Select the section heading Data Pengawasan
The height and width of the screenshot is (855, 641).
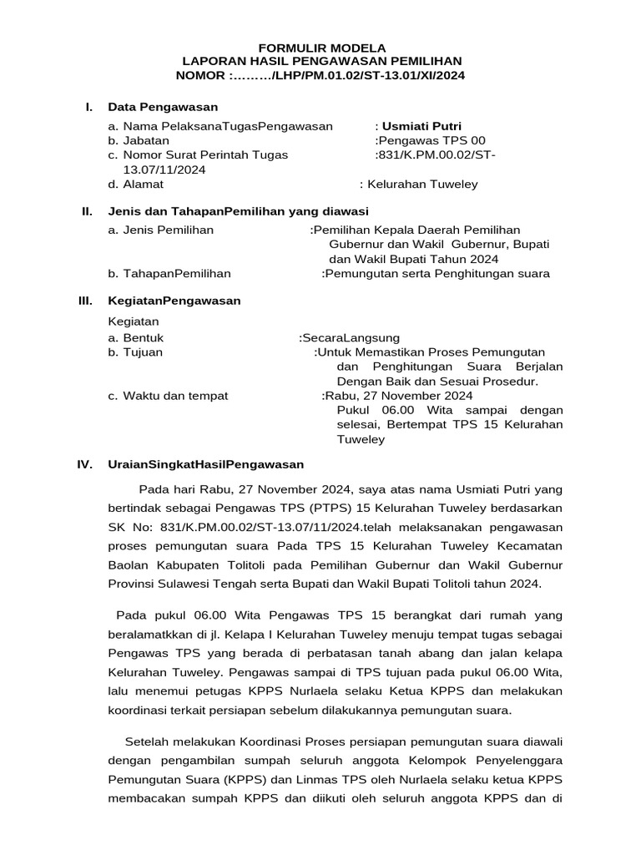163,107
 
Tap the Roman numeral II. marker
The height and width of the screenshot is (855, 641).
86,212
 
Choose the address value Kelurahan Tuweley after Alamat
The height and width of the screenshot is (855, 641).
421,185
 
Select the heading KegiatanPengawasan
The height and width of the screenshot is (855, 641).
174,301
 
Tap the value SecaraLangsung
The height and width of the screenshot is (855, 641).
343,338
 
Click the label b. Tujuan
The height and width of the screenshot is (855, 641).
135,352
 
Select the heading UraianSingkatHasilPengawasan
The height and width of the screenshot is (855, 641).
206,463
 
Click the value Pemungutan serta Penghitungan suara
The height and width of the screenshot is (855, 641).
438,273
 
